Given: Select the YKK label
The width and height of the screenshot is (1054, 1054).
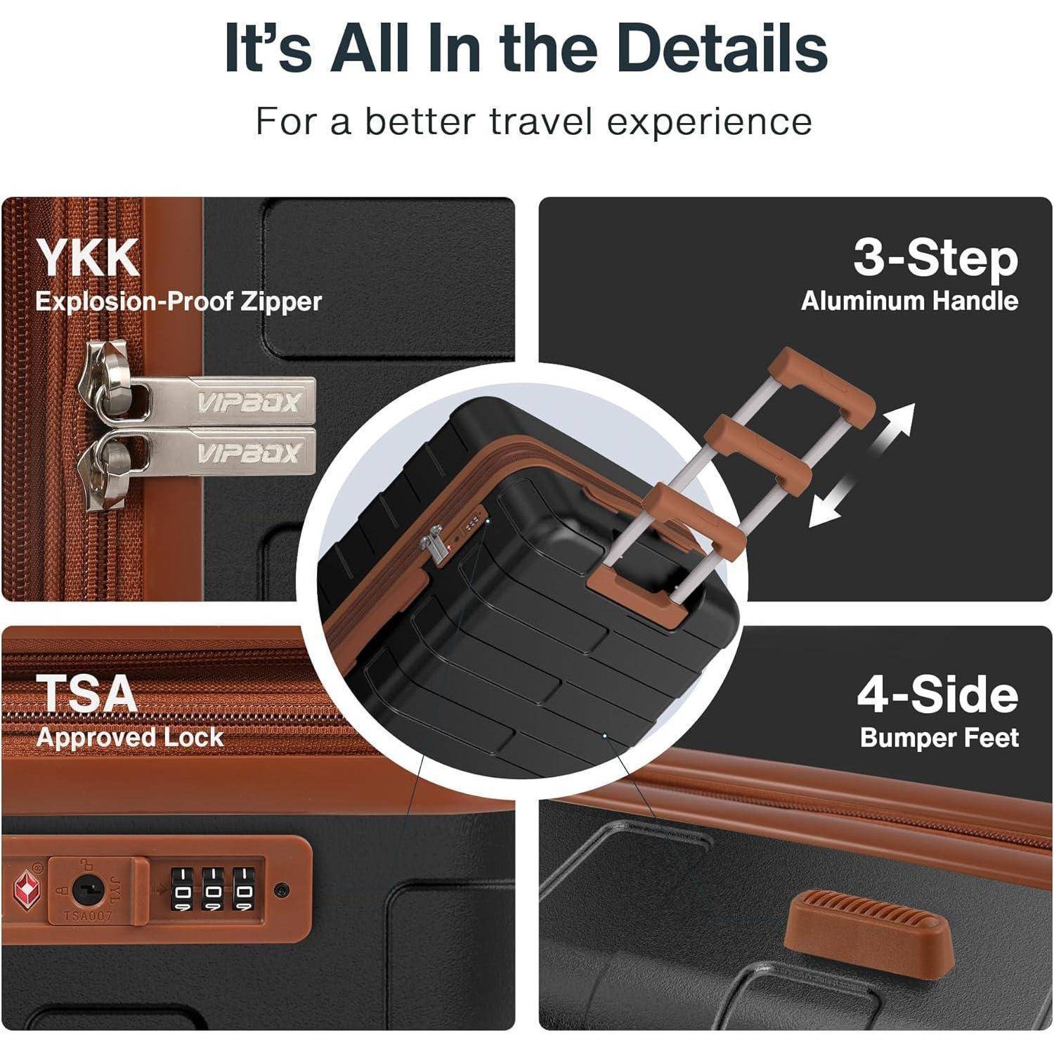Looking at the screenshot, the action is click(x=88, y=258).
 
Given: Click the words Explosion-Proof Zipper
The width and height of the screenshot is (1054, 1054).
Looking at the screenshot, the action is click(x=178, y=301).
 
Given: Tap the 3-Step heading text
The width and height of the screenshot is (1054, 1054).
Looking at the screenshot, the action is click(x=935, y=259).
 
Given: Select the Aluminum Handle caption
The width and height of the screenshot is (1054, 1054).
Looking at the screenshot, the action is click(x=909, y=301).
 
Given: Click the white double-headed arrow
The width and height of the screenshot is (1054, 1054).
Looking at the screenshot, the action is click(x=862, y=464).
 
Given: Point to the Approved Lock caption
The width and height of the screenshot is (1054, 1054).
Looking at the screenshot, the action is click(x=130, y=737).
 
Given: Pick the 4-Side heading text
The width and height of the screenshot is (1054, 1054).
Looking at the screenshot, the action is click(x=937, y=694).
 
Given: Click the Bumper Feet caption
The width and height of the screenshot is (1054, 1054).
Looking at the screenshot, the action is click(x=939, y=738).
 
